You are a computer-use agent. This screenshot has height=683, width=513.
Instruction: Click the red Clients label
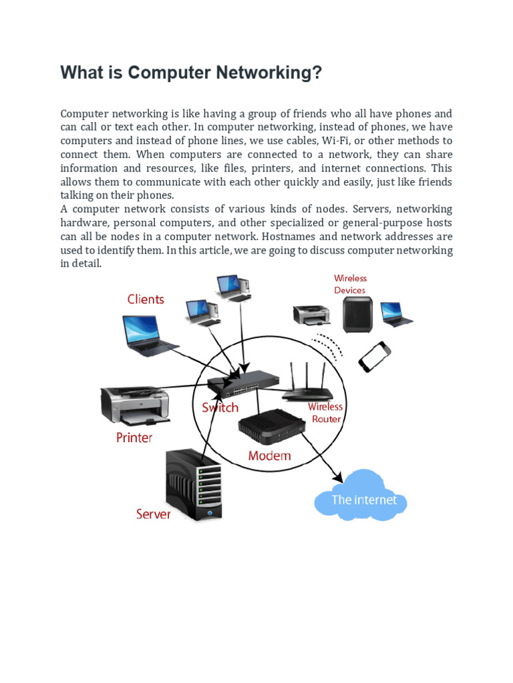pos(146,299)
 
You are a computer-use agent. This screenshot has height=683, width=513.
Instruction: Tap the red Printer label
pos(134,438)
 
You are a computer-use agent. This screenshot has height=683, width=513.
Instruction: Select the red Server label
pos(153,514)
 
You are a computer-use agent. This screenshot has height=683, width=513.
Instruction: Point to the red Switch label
pos(220,408)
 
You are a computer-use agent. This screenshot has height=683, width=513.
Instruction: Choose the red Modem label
pos(269,456)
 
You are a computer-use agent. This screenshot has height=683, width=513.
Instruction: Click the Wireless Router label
pos(325,413)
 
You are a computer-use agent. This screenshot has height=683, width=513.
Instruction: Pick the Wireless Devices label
pos(350,284)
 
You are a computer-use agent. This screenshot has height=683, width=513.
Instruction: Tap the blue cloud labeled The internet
pos(361,498)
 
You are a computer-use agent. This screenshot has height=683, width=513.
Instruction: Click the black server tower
pos(194,484)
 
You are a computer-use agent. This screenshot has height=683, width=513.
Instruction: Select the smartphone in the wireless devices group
pos(374,357)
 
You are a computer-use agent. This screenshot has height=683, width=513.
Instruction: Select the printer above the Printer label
pos(133,404)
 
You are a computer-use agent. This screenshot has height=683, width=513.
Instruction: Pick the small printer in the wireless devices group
pos(311,314)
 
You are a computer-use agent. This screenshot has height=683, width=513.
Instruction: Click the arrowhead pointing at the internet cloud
pos(338,478)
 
